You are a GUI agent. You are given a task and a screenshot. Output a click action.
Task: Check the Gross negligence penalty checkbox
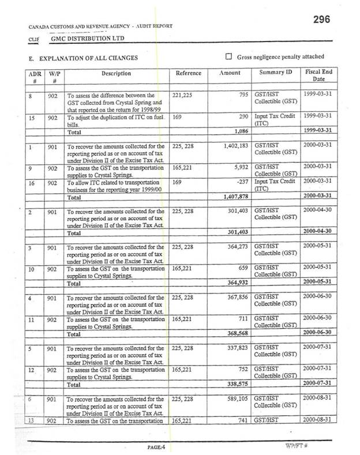(x=228, y=57)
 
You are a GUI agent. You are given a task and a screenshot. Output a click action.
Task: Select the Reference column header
(x=188, y=74)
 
